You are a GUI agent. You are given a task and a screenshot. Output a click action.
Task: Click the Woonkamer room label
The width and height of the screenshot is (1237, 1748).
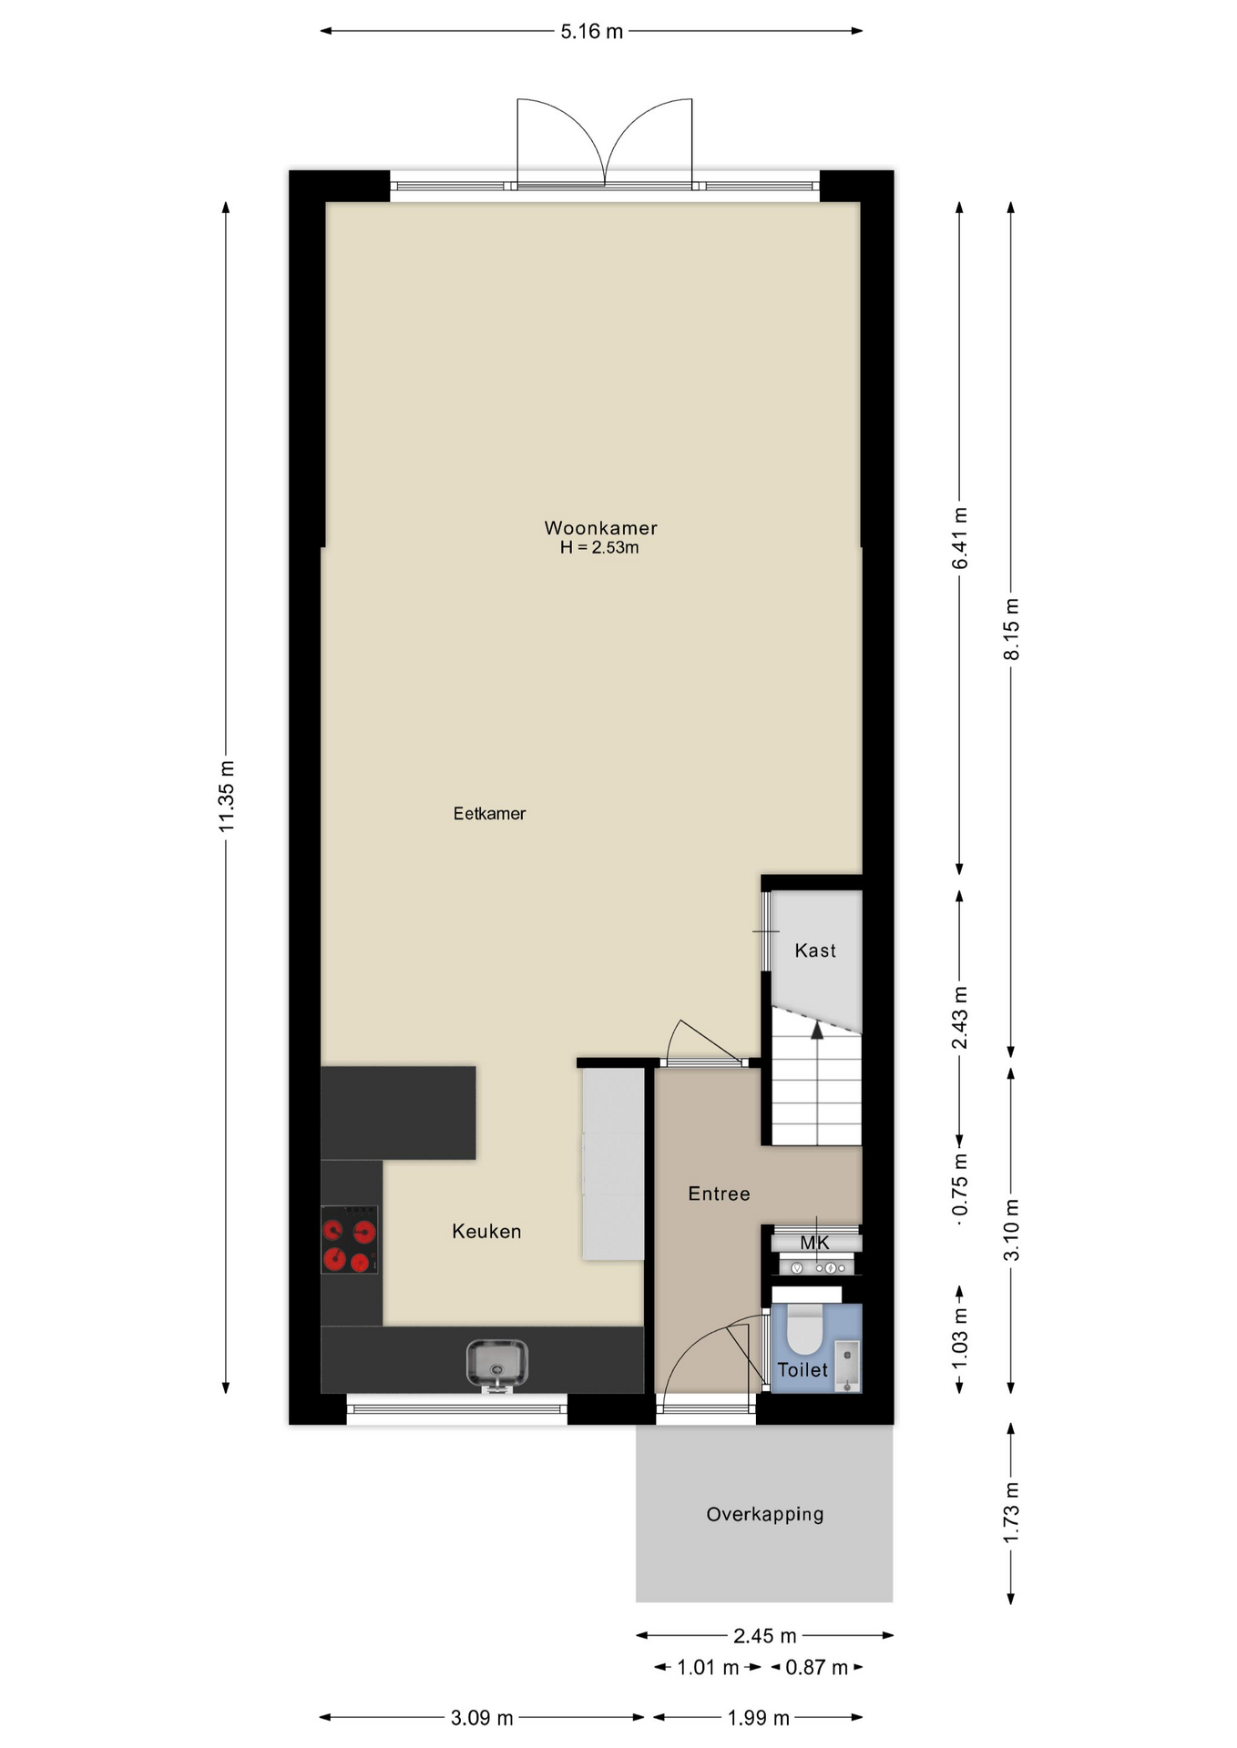click(600, 528)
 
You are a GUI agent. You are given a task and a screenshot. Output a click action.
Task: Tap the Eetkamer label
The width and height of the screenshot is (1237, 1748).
click(489, 814)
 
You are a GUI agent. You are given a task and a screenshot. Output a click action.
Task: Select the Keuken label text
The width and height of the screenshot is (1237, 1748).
click(486, 1232)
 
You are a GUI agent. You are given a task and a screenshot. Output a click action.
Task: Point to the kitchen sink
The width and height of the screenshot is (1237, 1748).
click(496, 1366)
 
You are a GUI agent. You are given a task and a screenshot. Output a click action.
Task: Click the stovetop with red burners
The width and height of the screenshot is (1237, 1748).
click(349, 1239)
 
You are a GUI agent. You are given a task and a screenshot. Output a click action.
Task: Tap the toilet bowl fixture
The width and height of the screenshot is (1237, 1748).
click(804, 1327)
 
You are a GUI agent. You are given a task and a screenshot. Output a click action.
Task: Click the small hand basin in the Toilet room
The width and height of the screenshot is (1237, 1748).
click(848, 1366)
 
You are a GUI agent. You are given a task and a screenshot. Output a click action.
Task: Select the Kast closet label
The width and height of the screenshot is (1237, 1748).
click(815, 950)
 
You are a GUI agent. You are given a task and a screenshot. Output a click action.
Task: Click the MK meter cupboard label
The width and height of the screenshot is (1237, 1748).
click(814, 1243)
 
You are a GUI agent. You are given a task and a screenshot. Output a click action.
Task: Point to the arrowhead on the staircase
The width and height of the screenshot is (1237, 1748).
click(817, 1030)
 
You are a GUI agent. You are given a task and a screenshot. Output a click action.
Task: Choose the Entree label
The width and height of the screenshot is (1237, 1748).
click(719, 1194)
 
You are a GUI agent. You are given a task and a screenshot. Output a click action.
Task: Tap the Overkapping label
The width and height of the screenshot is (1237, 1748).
click(765, 1514)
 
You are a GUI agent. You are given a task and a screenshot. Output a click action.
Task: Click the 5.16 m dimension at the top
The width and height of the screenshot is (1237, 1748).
click(592, 32)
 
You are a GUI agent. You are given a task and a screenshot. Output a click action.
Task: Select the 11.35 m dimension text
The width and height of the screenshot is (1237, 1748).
click(227, 796)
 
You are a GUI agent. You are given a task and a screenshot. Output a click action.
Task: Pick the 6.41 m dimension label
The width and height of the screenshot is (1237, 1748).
click(960, 539)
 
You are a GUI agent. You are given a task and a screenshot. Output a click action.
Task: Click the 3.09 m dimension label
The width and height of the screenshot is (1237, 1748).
click(482, 1718)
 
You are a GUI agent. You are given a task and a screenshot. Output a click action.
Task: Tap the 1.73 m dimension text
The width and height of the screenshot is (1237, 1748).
click(1011, 1512)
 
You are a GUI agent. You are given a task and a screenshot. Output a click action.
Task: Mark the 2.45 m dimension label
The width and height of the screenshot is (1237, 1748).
click(765, 1636)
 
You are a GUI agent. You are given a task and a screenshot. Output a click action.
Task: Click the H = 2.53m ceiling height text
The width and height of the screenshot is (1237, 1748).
click(599, 548)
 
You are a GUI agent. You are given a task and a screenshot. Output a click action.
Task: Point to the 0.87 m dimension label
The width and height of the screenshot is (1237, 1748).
click(817, 1668)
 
